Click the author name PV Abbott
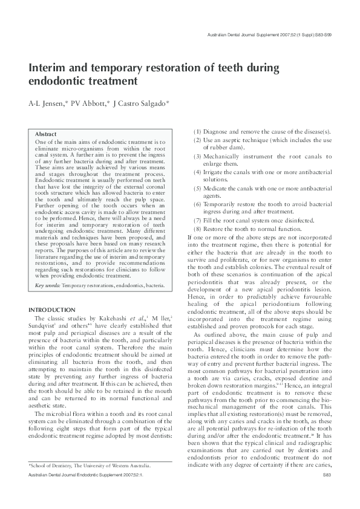point(88,104)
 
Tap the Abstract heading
point(46,134)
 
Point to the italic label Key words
point(48,285)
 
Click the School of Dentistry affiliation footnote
point(90,482)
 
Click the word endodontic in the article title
point(58,80)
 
